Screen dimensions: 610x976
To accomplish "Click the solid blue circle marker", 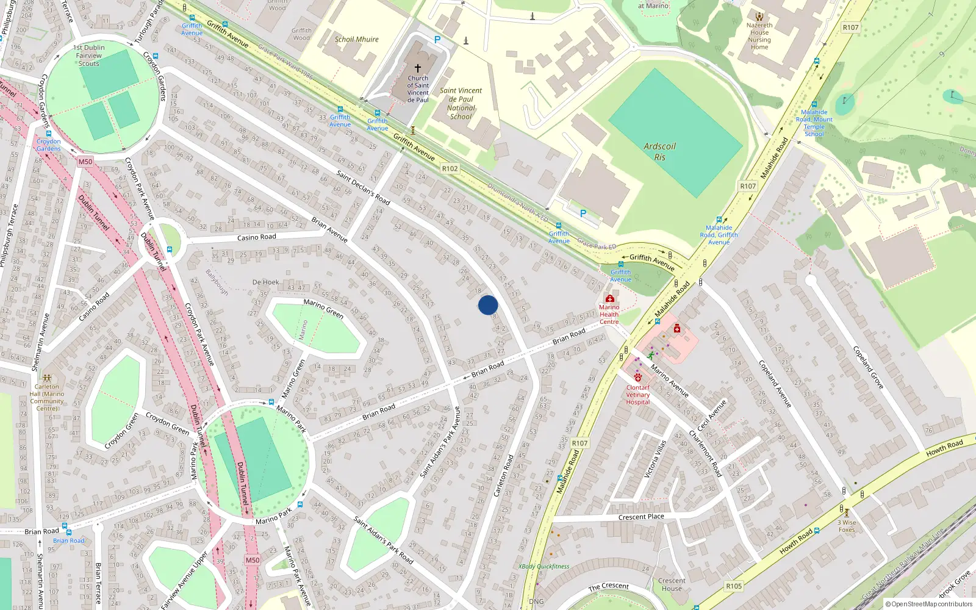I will click(x=488, y=305).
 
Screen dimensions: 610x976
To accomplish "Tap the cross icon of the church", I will click(x=418, y=68).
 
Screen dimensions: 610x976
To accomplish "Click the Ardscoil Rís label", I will click(x=659, y=152).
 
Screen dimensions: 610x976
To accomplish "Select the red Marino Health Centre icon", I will click(x=609, y=298).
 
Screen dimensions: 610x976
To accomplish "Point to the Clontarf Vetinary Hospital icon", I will click(x=637, y=378).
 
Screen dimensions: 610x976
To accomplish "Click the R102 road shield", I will click(x=450, y=168).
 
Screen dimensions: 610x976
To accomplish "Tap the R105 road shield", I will click(x=734, y=586).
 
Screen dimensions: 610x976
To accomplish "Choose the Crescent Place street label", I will click(x=641, y=517).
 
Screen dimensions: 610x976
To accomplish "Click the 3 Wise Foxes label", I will click(x=846, y=526).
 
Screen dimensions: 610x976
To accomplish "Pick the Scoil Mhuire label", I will click(x=356, y=39).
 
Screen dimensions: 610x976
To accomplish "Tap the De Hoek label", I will click(x=265, y=282).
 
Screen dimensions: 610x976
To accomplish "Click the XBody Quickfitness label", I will click(x=544, y=567).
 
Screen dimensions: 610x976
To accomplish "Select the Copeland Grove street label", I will click(x=867, y=367).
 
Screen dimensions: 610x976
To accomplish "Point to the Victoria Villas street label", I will click(x=655, y=459).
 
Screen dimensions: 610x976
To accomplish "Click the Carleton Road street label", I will click(x=504, y=475).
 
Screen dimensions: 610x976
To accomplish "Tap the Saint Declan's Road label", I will click(x=363, y=188).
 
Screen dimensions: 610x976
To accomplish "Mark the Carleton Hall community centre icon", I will click(x=47, y=378).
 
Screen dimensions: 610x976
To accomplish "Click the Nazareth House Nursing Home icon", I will click(x=759, y=17).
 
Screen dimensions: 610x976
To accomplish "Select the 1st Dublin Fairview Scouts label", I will click(x=89, y=56).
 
